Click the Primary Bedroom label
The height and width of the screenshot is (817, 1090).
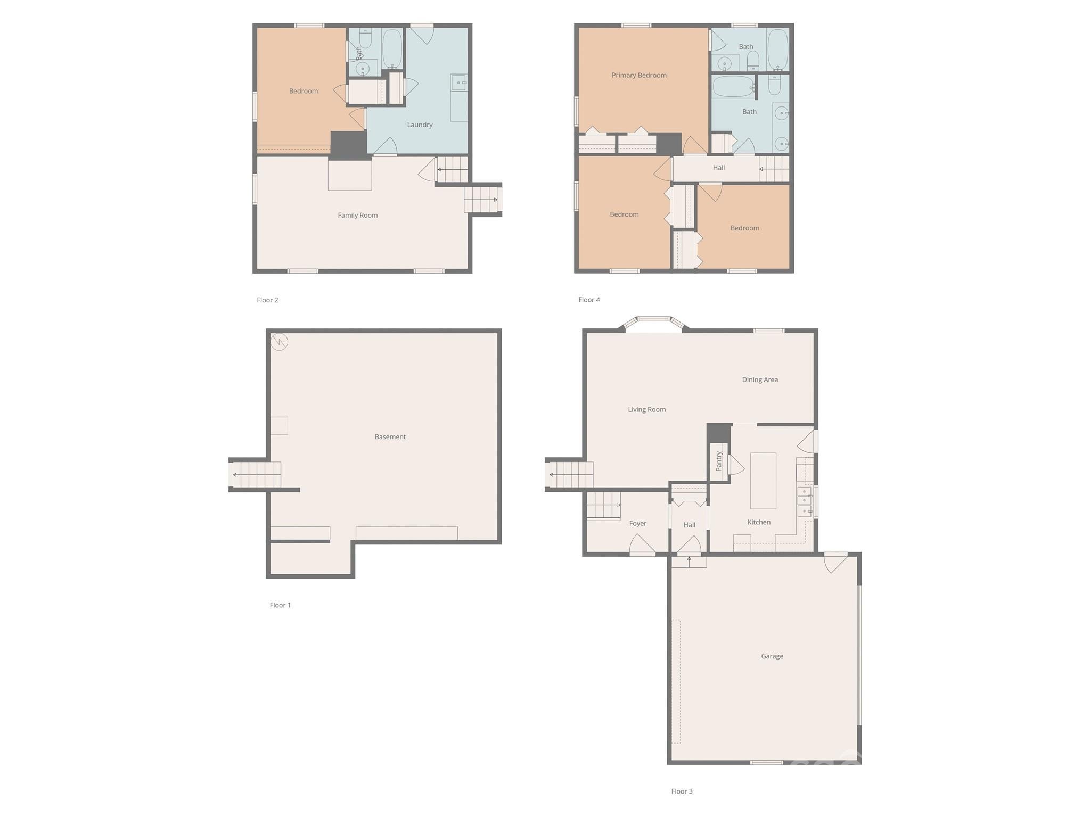638,76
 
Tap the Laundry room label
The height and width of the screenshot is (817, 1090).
420,125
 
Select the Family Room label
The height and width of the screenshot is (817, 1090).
357,216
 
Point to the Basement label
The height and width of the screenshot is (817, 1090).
390,437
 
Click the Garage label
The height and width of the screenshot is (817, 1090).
772,656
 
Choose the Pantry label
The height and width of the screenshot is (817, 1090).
718,461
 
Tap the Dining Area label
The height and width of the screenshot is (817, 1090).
759,380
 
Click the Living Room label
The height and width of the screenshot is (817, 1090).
646,410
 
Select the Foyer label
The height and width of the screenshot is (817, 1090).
637,524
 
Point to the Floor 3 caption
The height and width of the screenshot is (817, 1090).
682,791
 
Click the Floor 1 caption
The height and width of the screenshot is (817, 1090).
280,605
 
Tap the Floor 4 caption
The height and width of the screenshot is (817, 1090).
589,300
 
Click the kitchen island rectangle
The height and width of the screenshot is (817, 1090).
763,481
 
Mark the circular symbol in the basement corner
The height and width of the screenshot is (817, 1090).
279,342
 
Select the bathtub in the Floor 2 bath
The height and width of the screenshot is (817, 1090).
392,48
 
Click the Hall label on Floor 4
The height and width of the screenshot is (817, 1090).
718,168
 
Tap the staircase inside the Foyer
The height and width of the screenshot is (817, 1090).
603,505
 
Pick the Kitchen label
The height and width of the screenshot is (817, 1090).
758,523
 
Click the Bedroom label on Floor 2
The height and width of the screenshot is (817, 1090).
303,92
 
